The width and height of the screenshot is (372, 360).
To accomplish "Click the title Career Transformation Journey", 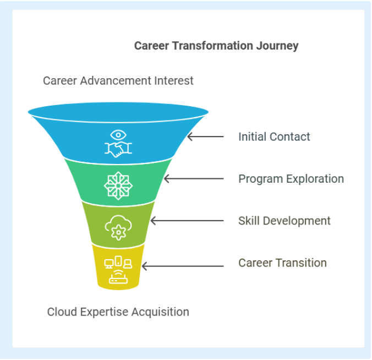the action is click(x=216, y=46).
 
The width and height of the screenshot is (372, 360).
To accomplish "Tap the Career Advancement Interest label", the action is click(x=118, y=81).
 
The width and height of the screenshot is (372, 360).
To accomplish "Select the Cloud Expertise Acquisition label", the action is click(x=118, y=312).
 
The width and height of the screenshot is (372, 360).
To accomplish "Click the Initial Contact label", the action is click(x=274, y=137).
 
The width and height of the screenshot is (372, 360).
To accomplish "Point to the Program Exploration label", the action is click(x=291, y=179).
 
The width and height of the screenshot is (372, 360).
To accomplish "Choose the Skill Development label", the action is click(x=284, y=221).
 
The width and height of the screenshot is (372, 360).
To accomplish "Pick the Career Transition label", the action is click(x=282, y=263).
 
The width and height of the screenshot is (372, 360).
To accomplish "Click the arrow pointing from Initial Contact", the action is click(x=205, y=137).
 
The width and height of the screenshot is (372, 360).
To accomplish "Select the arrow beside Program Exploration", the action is click(x=194, y=179).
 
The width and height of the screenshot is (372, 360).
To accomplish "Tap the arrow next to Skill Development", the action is click(x=187, y=221).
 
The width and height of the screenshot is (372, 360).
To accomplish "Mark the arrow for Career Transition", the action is click(x=183, y=266).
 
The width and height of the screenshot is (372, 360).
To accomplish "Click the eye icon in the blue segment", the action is click(x=118, y=135).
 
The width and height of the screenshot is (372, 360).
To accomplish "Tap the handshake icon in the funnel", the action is click(x=118, y=150).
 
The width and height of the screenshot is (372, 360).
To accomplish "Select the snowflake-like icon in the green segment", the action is click(x=118, y=186).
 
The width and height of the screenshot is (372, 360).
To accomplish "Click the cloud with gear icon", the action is click(x=118, y=227).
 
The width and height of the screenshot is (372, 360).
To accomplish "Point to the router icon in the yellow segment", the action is click(x=118, y=277).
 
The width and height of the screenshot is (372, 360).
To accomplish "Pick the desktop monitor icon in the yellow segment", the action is click(x=108, y=264).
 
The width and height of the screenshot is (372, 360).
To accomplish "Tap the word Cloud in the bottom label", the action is click(x=62, y=312).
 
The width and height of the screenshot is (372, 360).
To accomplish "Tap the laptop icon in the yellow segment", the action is click(x=128, y=264).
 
